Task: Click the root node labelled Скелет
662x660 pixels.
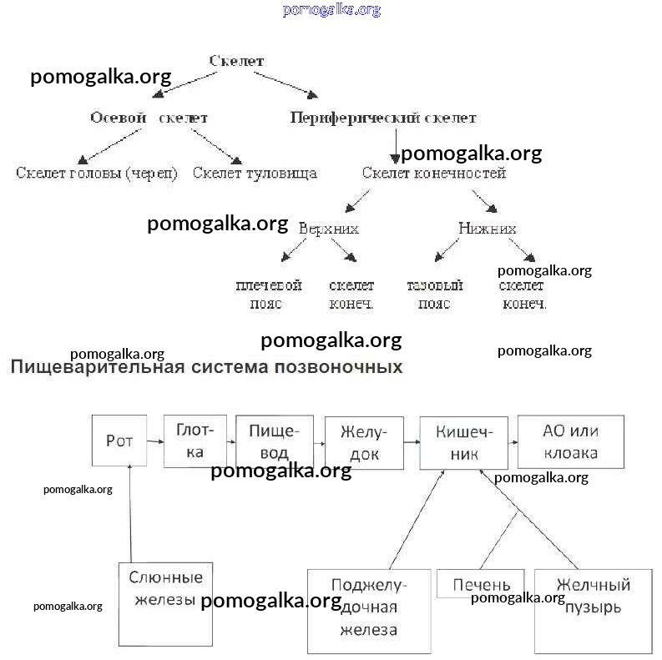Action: pyautogui.click(x=236, y=61)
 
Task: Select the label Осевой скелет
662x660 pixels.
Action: pyautogui.click(x=149, y=118)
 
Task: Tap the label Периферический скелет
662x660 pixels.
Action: pyautogui.click(x=383, y=118)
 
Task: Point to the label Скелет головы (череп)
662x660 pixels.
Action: pyautogui.click(x=97, y=174)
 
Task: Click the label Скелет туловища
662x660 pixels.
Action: pyautogui.click(x=255, y=174)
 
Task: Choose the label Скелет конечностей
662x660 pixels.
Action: pyautogui.click(x=434, y=174)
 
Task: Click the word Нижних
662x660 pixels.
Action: pyautogui.click(x=488, y=228)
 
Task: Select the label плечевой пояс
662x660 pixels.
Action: pyautogui.click(x=267, y=295)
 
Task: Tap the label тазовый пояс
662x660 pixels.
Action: pyautogui.click(x=434, y=295)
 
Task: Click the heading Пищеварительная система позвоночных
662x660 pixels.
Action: pyautogui.click(x=206, y=367)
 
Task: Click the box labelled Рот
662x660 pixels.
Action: pyautogui.click(x=119, y=441)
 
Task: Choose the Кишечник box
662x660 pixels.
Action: pyautogui.click(x=464, y=442)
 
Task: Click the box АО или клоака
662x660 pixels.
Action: pyautogui.click(x=571, y=442)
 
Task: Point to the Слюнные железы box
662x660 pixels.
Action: pyautogui.click(x=165, y=589)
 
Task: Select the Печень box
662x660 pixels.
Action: pyautogui.click(x=482, y=584)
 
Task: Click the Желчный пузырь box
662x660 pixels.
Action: pyautogui.click(x=593, y=596)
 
